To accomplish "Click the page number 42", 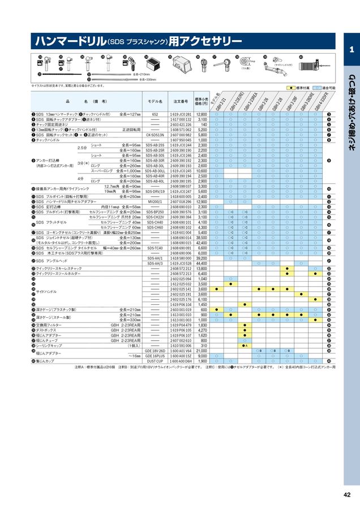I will [x=346, y=495].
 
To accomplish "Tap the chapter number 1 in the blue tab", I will [x=352, y=50].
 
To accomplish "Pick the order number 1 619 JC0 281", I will [x=180, y=115].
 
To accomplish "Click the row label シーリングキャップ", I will [x=50, y=346].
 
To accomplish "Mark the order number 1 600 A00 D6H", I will [x=180, y=361].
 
